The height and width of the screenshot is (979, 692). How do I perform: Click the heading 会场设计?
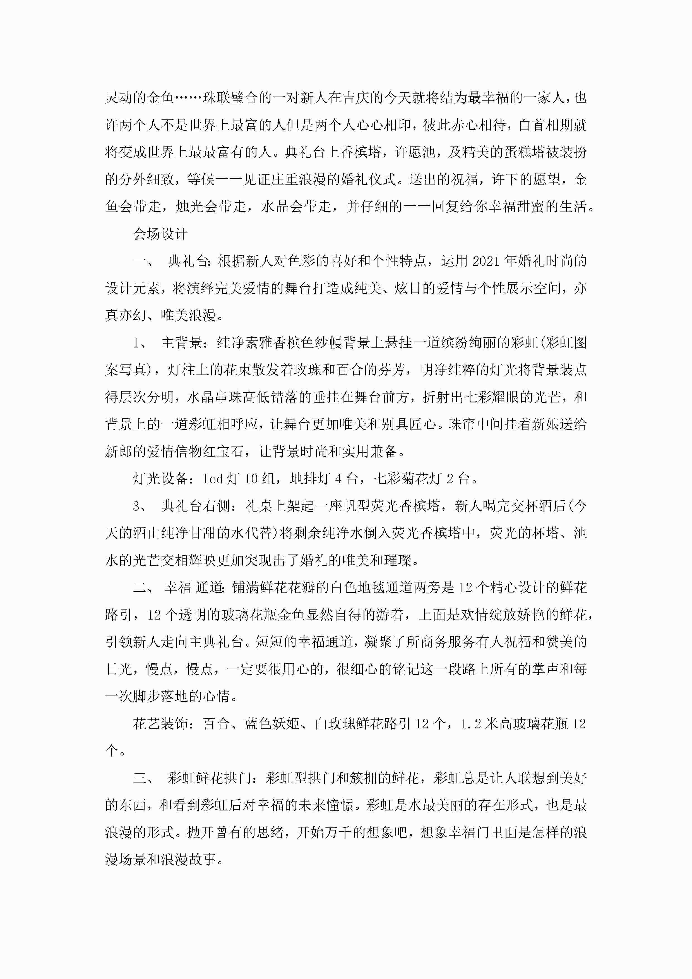pos(160,234)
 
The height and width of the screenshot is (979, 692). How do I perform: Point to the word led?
pos(213,479)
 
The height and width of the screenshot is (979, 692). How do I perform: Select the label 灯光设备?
pos(160,479)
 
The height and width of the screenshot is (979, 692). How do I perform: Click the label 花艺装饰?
pos(160,724)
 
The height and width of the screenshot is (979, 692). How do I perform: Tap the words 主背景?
pos(182,343)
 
